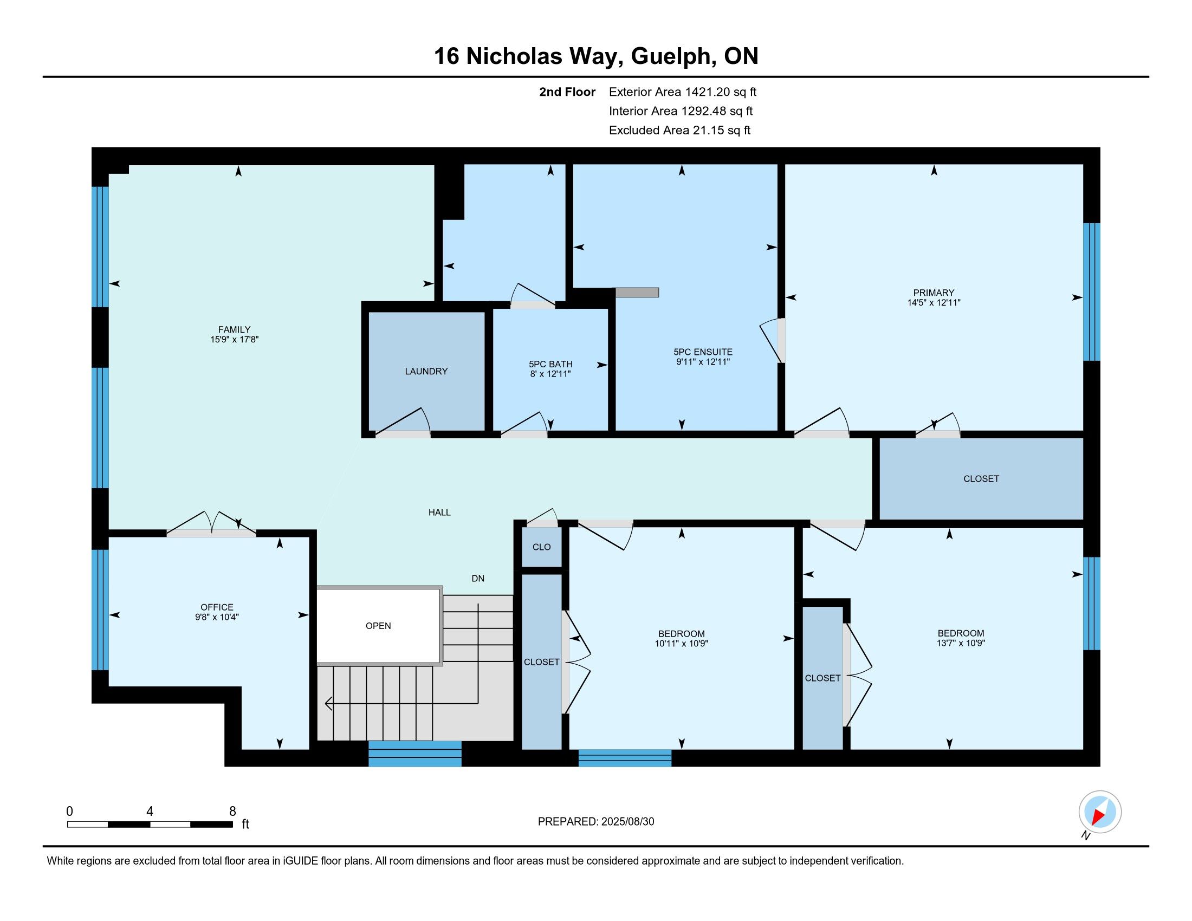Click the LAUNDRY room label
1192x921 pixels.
tap(426, 371)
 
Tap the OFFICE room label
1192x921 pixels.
tap(217, 607)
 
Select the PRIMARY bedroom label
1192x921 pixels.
tap(934, 293)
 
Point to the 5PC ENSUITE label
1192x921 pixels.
tap(703, 352)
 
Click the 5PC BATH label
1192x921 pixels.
tap(550, 364)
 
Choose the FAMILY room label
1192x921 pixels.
tap(234, 329)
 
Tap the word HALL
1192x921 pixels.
tap(439, 513)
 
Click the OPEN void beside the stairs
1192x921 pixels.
tap(378, 626)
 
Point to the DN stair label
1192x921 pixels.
tap(477, 579)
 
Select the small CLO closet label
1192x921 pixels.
tap(541, 547)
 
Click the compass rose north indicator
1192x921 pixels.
tap(1100, 812)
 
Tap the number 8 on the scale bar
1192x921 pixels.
tap(232, 811)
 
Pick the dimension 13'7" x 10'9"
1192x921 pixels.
tap(961, 643)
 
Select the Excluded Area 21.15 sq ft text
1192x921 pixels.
tap(679, 131)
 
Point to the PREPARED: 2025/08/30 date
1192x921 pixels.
tap(596, 822)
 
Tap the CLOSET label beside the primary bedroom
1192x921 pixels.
tap(981, 478)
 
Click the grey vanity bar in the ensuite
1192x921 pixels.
tap(637, 293)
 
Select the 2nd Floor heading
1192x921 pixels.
tap(567, 92)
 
